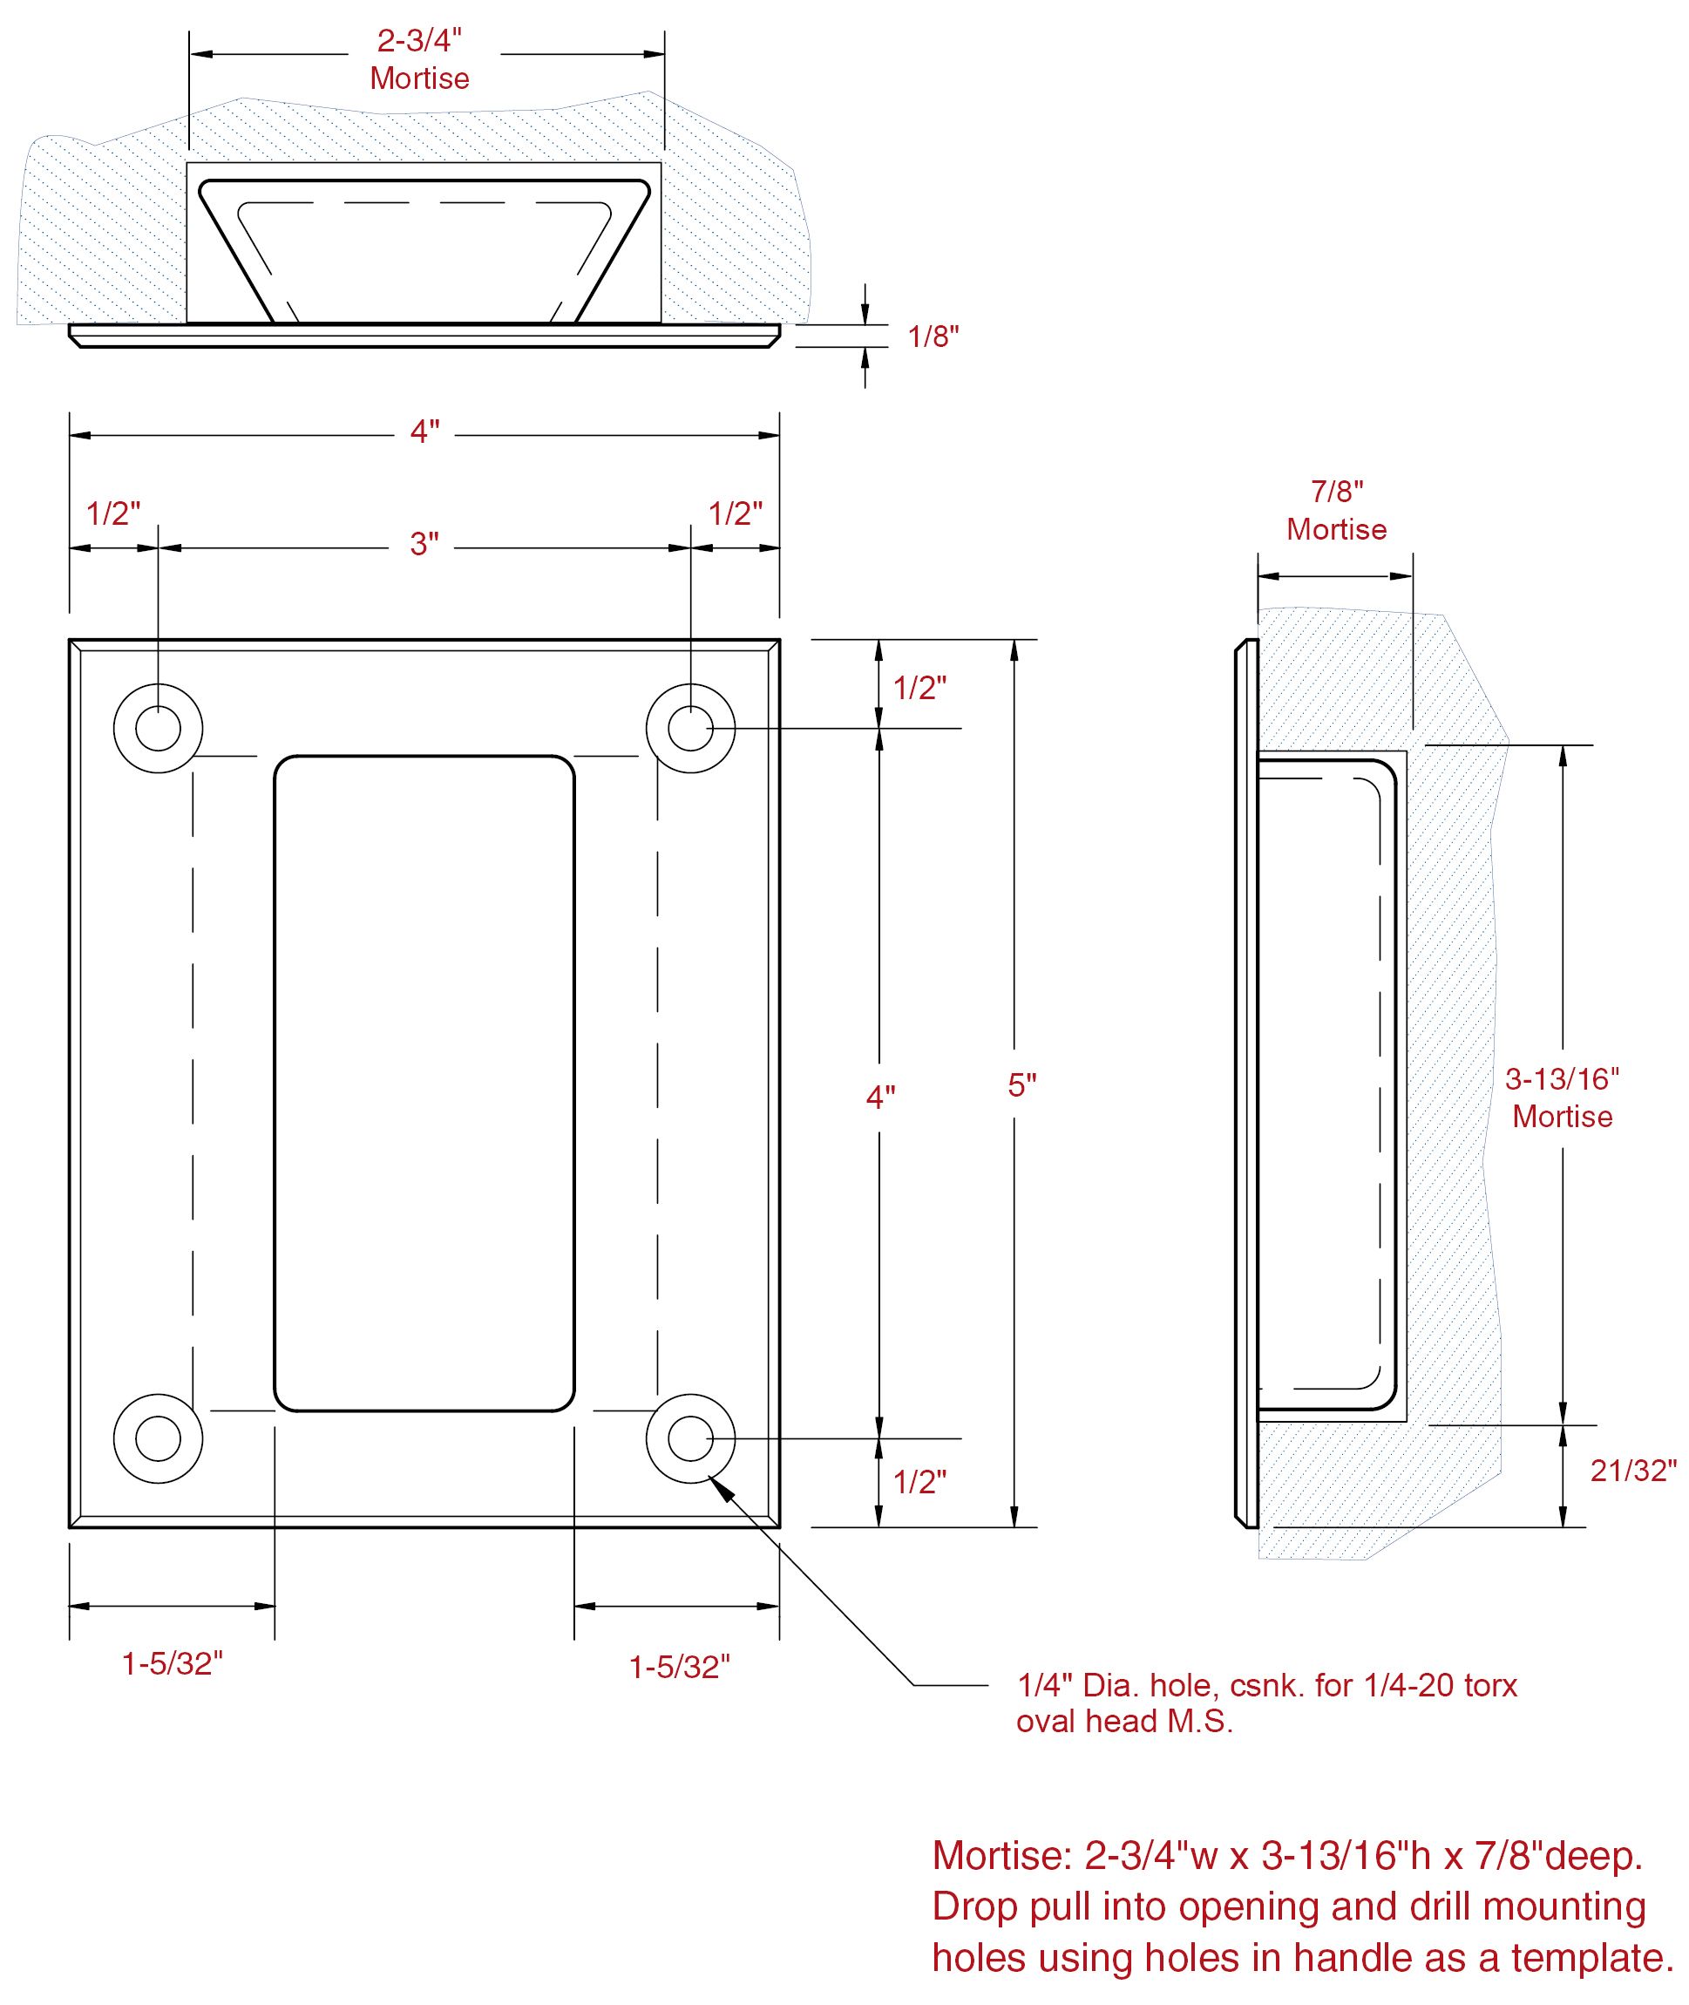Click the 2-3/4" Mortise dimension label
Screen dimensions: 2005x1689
(419, 59)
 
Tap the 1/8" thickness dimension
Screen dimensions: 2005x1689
(933, 336)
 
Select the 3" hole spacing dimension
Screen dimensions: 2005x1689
(424, 544)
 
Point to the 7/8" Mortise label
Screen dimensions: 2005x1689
(1337, 510)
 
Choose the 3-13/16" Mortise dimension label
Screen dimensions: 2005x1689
(1562, 1098)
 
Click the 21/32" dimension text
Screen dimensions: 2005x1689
(1633, 1471)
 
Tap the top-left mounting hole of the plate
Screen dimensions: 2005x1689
(158, 729)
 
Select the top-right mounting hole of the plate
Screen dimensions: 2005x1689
(690, 729)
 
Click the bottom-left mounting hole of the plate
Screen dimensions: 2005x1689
(158, 1438)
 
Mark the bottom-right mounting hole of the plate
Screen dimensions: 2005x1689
(690, 1438)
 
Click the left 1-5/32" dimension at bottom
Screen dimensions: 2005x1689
(173, 1664)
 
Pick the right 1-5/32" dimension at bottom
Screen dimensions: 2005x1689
(679, 1667)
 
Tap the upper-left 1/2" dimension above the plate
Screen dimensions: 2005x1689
(113, 513)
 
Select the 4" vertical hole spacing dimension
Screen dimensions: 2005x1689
(880, 1098)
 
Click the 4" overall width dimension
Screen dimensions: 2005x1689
(424, 432)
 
